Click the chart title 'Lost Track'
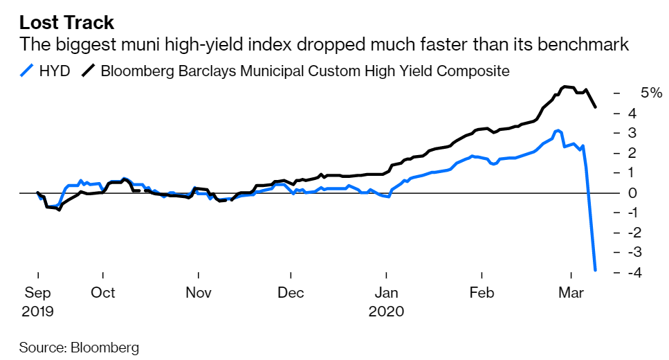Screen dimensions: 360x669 (66, 22)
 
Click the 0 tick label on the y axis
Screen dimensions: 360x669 (632, 192)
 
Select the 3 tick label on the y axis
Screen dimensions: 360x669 (632, 133)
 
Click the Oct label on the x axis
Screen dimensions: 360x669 (102, 293)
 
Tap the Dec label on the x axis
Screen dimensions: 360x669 (291, 293)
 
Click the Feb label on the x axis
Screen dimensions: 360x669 (482, 293)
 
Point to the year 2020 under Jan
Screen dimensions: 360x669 (385, 311)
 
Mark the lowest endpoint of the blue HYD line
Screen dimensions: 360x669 (596, 270)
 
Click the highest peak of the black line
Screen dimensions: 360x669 (565, 87)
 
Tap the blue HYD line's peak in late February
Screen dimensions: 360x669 (557, 130)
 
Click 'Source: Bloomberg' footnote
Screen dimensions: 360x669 (79, 346)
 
